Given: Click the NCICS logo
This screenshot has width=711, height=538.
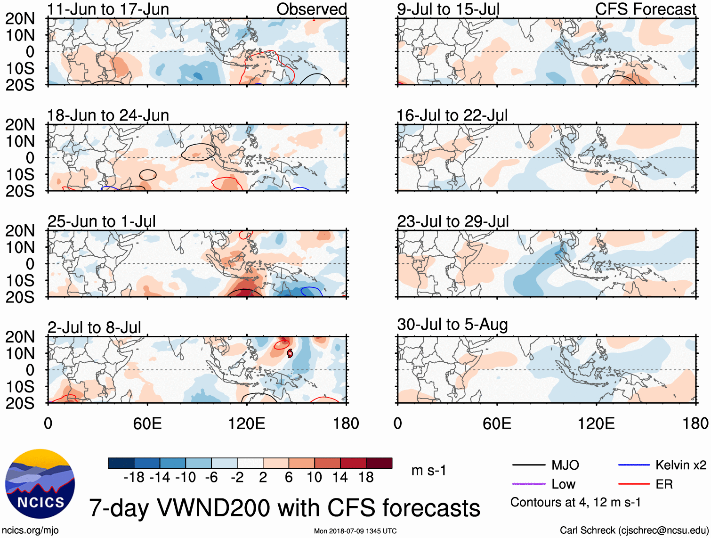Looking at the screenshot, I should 40,483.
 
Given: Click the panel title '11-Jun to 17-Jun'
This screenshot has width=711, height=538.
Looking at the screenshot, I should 108,9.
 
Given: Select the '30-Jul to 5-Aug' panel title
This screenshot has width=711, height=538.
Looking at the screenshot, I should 452,325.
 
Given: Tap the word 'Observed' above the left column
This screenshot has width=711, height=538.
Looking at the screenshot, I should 311,9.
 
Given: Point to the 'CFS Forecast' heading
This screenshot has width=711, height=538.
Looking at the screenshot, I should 645,9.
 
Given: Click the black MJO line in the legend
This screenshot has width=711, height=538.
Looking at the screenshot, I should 528,465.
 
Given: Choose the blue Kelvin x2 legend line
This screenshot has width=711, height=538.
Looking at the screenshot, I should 634,465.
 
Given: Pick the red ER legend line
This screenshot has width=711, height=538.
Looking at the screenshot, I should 634,484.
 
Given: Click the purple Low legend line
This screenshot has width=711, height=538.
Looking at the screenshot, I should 528,484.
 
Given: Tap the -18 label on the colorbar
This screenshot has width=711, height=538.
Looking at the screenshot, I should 134,477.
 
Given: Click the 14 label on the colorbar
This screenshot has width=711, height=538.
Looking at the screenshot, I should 339,477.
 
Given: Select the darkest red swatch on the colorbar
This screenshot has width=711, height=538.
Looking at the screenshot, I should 379,463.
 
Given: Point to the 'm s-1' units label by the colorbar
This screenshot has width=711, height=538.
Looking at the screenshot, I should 428,470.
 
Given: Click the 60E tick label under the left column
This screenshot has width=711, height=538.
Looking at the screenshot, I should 147,423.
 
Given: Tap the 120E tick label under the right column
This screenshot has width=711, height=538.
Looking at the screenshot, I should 596,423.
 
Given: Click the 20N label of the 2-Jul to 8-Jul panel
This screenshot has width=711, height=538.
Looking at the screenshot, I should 20,337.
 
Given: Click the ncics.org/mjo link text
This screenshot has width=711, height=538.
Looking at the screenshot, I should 30,530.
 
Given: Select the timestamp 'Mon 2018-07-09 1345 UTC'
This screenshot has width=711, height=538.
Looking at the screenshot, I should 355,531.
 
